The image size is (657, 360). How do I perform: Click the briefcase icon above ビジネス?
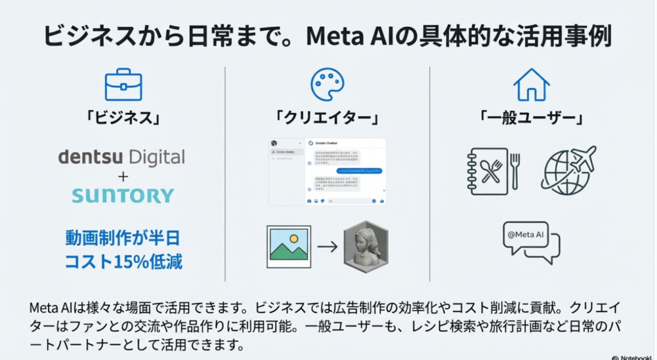click(x=123, y=85)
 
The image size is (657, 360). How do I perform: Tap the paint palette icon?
click(x=327, y=85)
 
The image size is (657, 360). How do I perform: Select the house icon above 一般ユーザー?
click(x=531, y=85)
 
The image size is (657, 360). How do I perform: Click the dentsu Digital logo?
click(x=121, y=157)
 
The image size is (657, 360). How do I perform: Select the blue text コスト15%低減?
click(x=123, y=262)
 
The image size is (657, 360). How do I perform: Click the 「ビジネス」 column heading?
click(x=123, y=118)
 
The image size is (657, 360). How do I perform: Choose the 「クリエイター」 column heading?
click(x=327, y=118)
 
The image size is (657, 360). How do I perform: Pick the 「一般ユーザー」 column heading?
click(x=531, y=118)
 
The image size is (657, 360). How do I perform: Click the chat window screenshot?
click(x=327, y=171)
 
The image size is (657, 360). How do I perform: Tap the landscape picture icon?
click(x=289, y=246)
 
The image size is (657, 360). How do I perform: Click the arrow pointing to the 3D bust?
click(x=327, y=246)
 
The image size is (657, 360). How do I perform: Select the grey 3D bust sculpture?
click(x=367, y=246)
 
